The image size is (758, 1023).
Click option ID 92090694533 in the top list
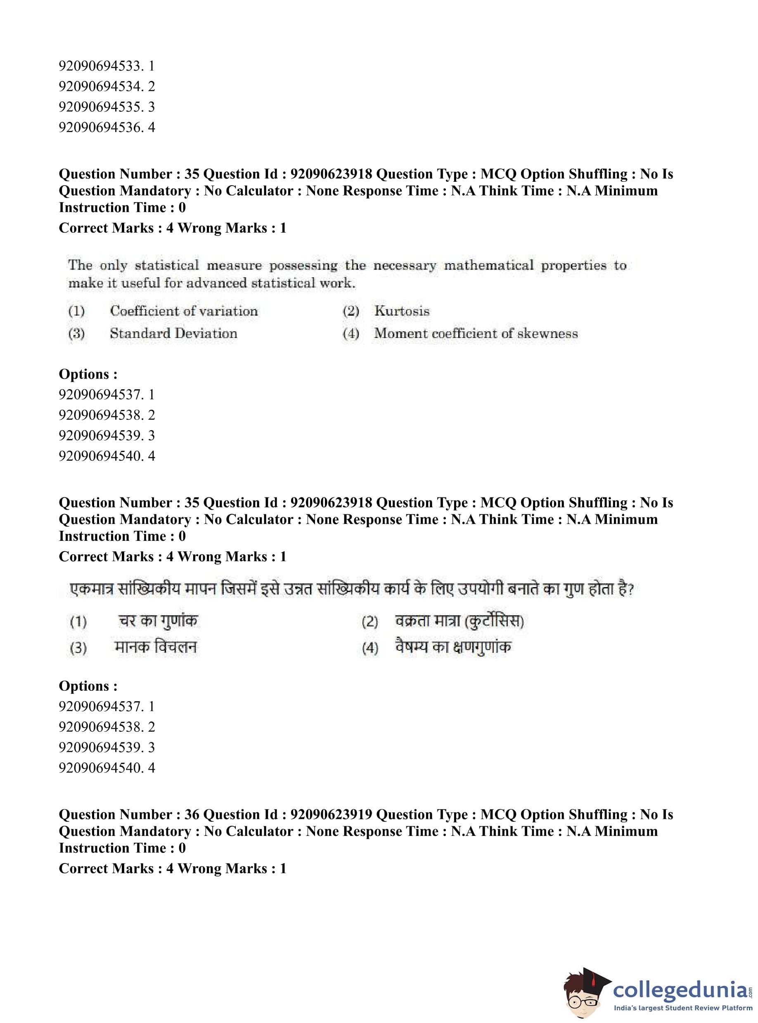(107, 66)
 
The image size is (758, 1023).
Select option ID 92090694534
(107, 86)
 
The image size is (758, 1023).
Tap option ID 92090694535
(107, 107)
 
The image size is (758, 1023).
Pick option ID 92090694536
(107, 127)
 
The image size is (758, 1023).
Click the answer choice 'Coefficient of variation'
(184, 311)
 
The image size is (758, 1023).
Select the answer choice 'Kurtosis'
(401, 311)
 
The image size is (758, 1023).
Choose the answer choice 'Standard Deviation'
(173, 333)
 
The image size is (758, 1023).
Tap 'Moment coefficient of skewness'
(476, 333)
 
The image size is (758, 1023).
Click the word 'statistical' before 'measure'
(167, 265)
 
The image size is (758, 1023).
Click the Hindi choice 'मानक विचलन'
(155, 647)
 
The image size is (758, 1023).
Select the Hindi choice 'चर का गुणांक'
(158, 621)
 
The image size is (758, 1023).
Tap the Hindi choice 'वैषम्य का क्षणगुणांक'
(453, 647)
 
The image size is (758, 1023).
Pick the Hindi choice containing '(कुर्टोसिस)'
(459, 621)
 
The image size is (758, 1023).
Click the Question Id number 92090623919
(331, 814)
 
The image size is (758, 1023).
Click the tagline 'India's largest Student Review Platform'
(683, 1008)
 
